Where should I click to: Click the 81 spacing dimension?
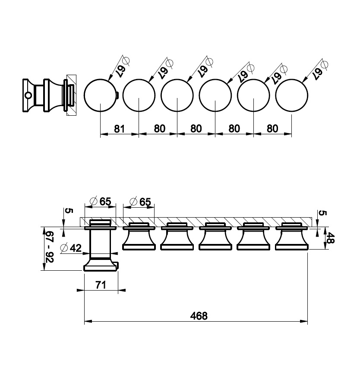pos(119,129)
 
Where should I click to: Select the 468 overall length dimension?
pos(199,316)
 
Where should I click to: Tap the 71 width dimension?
pos(101,285)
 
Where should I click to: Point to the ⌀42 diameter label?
pos(71,248)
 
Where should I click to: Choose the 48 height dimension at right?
pos(330,238)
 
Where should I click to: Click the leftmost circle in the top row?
pos(100,95)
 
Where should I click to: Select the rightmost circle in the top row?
pos(292,95)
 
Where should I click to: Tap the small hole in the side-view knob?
pos(28,95)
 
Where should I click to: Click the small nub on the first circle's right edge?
pos(117,95)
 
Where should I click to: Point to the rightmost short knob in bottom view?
pos(292,236)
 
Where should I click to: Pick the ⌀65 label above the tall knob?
pos(101,201)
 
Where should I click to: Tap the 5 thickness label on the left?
pos(69,211)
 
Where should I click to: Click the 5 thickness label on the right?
pos(322,213)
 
